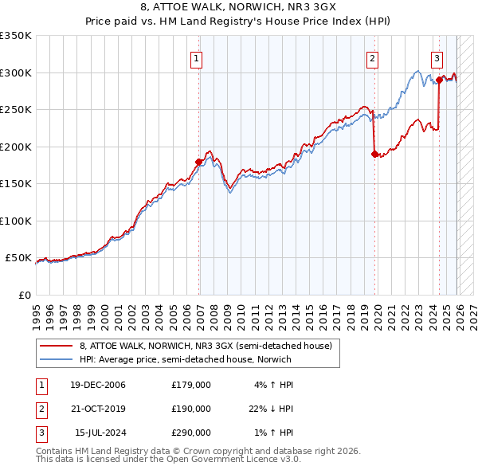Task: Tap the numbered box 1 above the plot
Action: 196,57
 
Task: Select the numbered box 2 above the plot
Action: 372,57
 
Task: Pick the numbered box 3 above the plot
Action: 437,57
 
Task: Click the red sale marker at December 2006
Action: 199,162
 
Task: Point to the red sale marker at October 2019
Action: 374,154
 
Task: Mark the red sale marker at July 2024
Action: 439,79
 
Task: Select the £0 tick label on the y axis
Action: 23,295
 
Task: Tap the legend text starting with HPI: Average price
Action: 186,359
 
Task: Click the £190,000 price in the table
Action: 191,409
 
